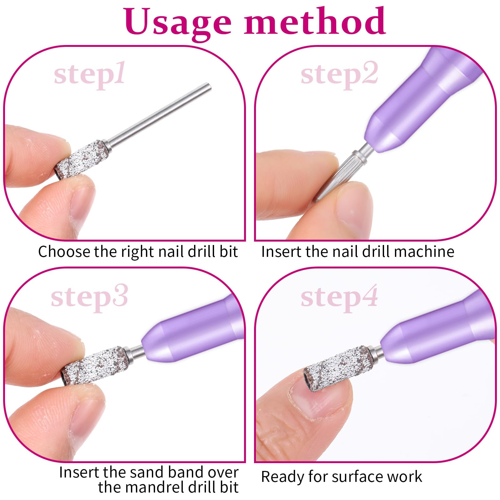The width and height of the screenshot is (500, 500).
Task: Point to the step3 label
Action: pyautogui.click(x=89, y=297)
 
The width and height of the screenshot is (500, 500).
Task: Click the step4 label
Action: pyautogui.click(x=339, y=297)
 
